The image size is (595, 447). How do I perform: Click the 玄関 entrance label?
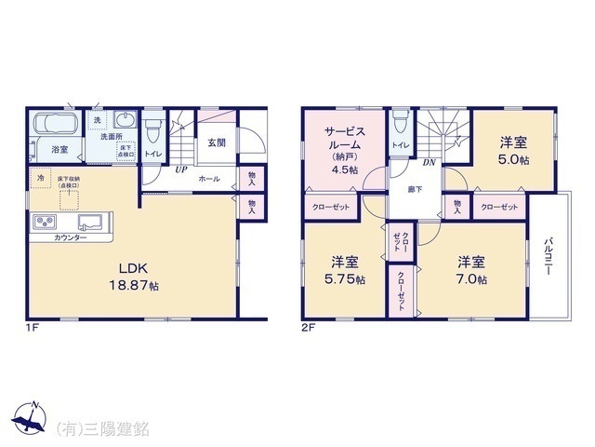pos(217,142)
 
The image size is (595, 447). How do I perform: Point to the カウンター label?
pos(70,238)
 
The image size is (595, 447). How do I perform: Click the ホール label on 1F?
pos(209,178)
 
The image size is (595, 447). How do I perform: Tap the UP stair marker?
pos(180,170)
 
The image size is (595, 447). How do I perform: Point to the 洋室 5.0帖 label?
pos(513,150)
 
